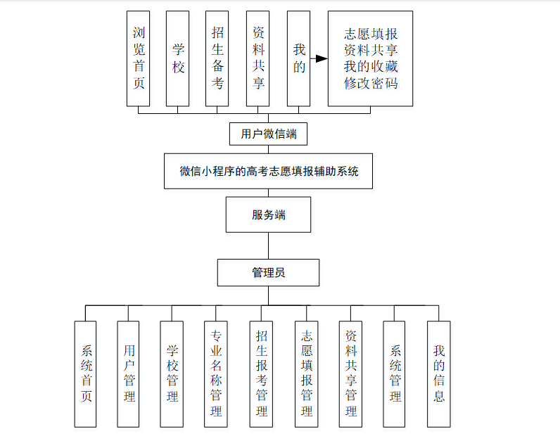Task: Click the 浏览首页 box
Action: pyautogui.click(x=139, y=58)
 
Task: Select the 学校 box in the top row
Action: pyautogui.click(x=178, y=58)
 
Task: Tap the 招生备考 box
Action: pyautogui.click(x=217, y=58)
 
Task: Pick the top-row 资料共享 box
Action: pyautogui.click(x=258, y=58)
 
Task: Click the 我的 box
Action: pyautogui.click(x=299, y=58)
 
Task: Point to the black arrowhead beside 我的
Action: pyautogui.click(x=322, y=59)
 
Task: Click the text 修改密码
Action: pyautogui.click(x=371, y=83)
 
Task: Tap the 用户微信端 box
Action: pyautogui.click(x=268, y=134)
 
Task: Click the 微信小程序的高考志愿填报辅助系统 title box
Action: pyautogui.click(x=268, y=171)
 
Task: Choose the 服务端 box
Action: pyautogui.click(x=268, y=215)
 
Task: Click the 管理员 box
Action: pyautogui.click(x=268, y=272)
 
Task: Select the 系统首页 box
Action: pyautogui.click(x=86, y=373)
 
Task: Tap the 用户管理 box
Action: pyautogui.click(x=128, y=373)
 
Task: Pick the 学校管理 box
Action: pyautogui.click(x=172, y=373)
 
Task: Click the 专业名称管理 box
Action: pyautogui.click(x=216, y=373)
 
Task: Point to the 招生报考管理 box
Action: pyautogui.click(x=261, y=373)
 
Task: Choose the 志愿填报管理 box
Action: pyautogui.click(x=306, y=373)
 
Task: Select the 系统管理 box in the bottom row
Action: pyautogui.click(x=395, y=373)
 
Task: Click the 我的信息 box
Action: pyautogui.click(x=438, y=373)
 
